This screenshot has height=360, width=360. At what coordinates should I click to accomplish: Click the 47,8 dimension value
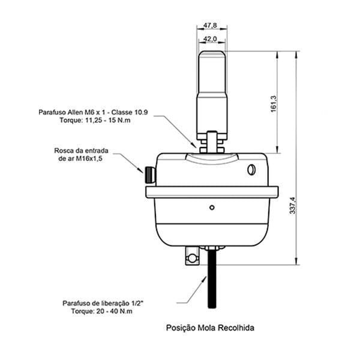(x=210, y=25)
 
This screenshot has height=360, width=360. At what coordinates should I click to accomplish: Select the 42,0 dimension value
(x=210, y=39)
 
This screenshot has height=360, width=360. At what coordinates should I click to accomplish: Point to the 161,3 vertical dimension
(x=274, y=104)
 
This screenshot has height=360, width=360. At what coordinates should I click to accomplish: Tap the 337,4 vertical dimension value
(x=293, y=206)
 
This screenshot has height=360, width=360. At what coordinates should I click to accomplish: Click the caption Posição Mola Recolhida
(x=210, y=328)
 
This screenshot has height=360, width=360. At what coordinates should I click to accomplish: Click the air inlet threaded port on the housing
(x=150, y=175)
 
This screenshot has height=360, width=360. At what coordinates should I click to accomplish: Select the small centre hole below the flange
(x=212, y=208)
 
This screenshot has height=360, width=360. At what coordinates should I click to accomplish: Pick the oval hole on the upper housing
(x=251, y=170)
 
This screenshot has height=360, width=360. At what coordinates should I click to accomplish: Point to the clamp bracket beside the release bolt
(x=193, y=256)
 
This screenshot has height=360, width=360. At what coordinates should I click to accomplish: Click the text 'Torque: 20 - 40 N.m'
(x=102, y=311)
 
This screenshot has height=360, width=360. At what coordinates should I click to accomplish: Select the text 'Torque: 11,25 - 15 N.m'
(x=95, y=120)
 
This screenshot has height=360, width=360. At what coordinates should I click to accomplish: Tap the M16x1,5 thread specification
(x=89, y=158)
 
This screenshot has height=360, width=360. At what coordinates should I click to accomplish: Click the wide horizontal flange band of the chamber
(x=212, y=192)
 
